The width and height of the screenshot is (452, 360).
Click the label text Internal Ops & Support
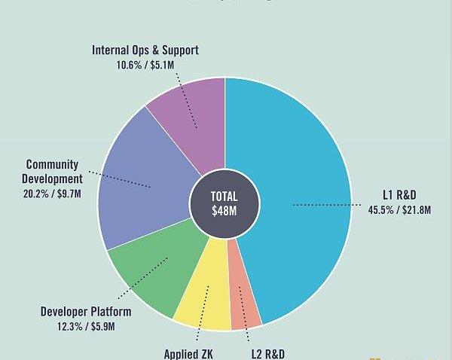(x=145, y=51)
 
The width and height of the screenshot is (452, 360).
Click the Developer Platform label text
(x=85, y=312)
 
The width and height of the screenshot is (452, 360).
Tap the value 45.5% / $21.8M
(x=399, y=210)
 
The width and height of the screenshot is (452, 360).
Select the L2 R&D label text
(x=268, y=353)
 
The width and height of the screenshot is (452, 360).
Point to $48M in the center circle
(x=224, y=212)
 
